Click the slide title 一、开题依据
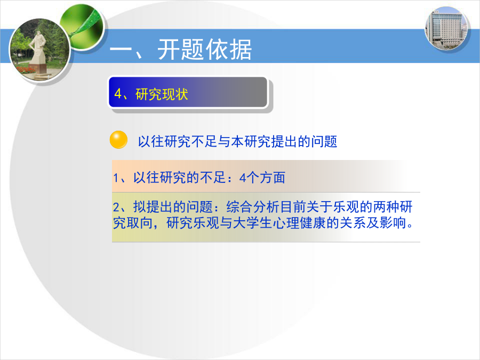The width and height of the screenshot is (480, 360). [181, 50]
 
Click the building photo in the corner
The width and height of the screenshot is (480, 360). [447, 29]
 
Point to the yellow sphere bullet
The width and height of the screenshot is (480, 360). [118, 140]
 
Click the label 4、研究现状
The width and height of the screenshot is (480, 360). [151, 94]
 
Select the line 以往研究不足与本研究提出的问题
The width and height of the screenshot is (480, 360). [237, 141]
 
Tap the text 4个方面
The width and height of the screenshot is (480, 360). [262, 178]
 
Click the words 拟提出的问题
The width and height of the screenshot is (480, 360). [173, 207]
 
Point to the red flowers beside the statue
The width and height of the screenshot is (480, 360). [25, 70]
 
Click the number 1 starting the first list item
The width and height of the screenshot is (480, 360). [116, 178]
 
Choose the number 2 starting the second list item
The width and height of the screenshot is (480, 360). [116, 207]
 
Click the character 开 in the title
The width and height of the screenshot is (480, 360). [169, 50]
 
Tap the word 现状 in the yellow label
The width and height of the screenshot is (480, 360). [175, 94]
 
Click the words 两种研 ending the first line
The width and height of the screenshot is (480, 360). [393, 207]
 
